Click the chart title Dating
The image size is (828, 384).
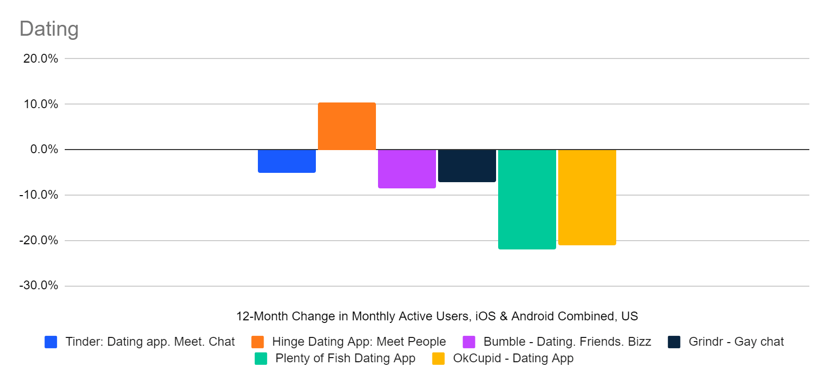(49, 29)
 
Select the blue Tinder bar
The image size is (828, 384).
(286, 161)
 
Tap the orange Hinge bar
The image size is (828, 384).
(346, 126)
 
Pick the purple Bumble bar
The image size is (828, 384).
(406, 169)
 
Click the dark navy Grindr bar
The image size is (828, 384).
(467, 166)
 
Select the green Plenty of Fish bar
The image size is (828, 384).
(527, 199)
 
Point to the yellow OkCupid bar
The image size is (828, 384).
(587, 197)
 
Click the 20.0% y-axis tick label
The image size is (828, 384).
(40, 58)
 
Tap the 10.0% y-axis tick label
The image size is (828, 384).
(40, 104)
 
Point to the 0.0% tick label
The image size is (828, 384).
(44, 150)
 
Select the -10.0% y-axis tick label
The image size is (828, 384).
(39, 195)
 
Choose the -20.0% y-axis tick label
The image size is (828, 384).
(39, 241)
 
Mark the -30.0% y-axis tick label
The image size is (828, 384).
(39, 286)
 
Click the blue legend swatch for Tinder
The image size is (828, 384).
(51, 342)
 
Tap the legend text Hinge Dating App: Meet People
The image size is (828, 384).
(359, 342)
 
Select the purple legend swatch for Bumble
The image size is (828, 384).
(469, 342)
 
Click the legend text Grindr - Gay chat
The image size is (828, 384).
(736, 342)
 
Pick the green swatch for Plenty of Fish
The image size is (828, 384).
(261, 359)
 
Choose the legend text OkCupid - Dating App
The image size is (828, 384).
(513, 358)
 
